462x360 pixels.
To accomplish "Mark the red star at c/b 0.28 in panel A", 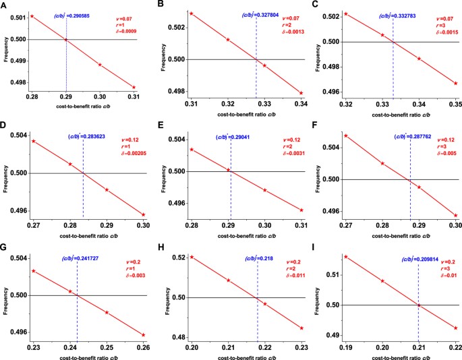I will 31,16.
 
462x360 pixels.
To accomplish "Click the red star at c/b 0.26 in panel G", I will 143,334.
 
